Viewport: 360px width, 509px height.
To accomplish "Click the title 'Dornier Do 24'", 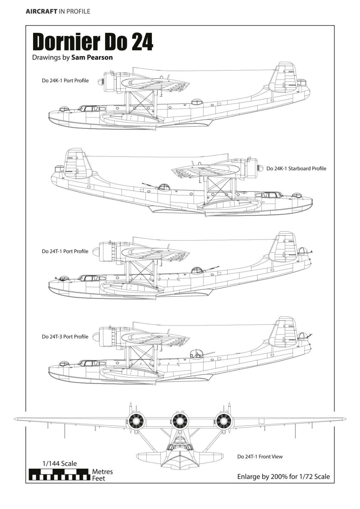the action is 93,42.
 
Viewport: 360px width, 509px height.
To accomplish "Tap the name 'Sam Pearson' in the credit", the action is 92,58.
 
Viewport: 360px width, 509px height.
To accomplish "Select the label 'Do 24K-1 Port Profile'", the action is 65,81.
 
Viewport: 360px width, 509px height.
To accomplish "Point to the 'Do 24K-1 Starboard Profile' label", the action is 296,169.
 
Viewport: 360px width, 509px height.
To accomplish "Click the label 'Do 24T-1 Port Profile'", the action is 65,251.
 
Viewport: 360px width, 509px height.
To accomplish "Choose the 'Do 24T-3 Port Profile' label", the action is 65,337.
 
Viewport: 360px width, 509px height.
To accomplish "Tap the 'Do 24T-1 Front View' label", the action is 260,457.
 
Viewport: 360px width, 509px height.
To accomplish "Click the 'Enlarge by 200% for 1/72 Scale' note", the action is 284,477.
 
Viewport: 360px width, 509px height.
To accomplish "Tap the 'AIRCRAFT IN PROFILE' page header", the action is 58,11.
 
